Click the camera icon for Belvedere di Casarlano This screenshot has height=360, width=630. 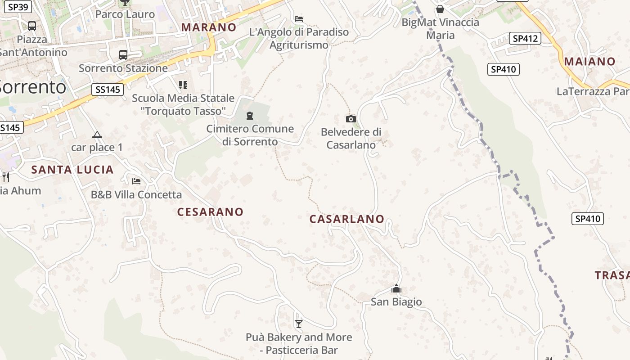351,119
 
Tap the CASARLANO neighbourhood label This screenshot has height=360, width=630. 346,219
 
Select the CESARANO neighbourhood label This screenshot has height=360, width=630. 210,212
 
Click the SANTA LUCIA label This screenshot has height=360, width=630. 72,170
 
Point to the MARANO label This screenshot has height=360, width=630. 208,27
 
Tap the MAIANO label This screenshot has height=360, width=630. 589,62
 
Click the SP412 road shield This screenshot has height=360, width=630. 525,39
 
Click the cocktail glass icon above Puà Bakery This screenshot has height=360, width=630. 298,324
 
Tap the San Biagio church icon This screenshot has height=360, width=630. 396,288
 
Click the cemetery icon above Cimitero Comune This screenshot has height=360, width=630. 250,116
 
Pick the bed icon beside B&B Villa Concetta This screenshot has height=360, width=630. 136,181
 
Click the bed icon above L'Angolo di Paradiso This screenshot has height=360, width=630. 299,19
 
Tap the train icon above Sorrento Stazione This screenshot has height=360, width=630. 123,55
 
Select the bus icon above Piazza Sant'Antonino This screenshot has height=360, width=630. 31,26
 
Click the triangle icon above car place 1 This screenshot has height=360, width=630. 97,135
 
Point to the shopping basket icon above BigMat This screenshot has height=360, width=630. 440,9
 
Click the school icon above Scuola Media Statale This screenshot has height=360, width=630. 183,85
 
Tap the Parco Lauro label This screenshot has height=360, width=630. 125,14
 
